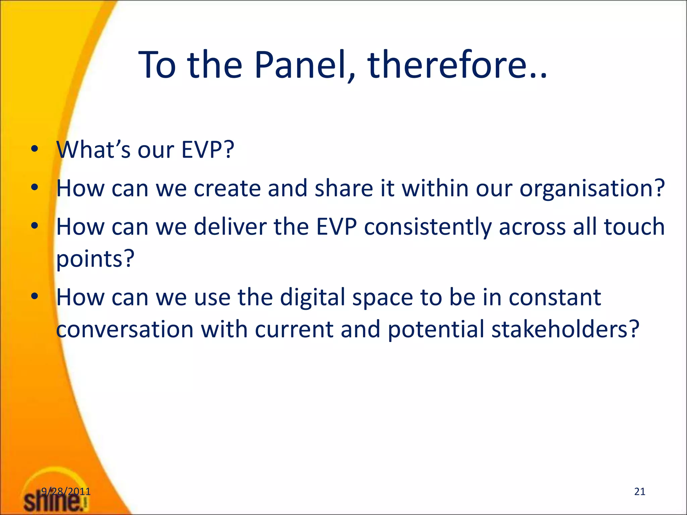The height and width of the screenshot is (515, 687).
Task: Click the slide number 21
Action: [640, 491]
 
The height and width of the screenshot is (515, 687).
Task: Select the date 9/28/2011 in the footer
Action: [66, 491]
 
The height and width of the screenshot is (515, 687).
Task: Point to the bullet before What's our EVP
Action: [35, 150]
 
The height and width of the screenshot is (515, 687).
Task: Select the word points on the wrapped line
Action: [95, 259]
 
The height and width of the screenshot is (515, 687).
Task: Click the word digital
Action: [312, 297]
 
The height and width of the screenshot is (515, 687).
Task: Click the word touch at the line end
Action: [634, 227]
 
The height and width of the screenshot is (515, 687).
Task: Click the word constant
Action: [555, 297]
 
